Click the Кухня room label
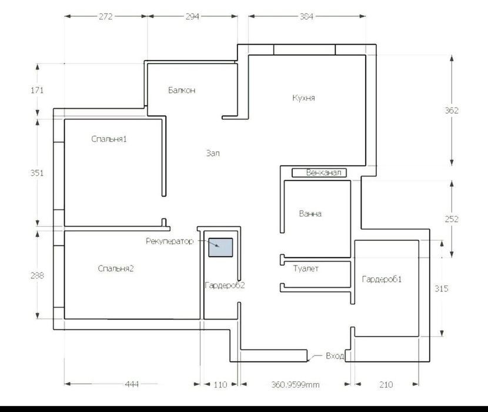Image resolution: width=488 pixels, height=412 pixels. tap(304, 98)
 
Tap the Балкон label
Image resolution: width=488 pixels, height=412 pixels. tap(182, 90)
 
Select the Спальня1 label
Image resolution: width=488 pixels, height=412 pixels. tap(109, 139)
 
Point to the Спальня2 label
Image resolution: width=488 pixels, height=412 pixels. tap(115, 268)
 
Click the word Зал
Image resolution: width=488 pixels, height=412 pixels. tap(213, 153)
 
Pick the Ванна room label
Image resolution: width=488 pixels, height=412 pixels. tap(310, 214)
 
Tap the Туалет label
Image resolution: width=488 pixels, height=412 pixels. tap(306, 268)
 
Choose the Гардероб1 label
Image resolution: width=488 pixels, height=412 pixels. tap(382, 279)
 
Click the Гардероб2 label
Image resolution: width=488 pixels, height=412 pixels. tap(225, 285)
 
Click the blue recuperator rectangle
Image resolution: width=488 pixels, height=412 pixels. tap(220, 247)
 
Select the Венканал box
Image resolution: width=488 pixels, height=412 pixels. tap(319, 172)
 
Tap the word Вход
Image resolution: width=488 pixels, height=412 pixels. tap(335, 356)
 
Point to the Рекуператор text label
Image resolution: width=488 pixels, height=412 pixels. tap(169, 241)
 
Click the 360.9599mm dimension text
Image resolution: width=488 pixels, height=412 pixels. tap(295, 384)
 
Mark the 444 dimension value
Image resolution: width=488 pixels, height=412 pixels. tap(132, 384)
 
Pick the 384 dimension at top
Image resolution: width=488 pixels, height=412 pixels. tap(306, 16)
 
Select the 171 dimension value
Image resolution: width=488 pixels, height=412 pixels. tap(37, 91)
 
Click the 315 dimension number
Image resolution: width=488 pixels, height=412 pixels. tap(442, 288)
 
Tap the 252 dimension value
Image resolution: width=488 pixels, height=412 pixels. tap(452, 219)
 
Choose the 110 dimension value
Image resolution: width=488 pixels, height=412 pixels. tap(220, 384)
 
